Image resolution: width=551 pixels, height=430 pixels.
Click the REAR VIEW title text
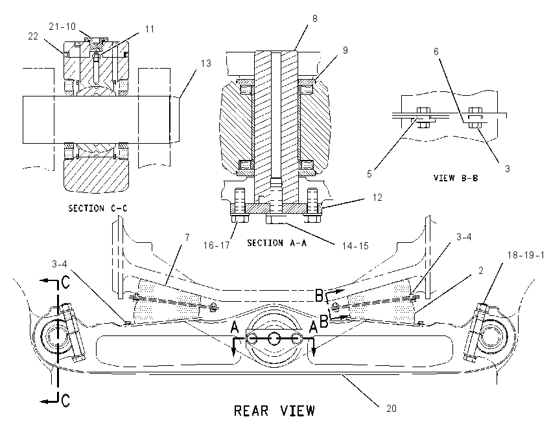click(x=274, y=411)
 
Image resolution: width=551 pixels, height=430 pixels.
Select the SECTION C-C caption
click(x=98, y=209)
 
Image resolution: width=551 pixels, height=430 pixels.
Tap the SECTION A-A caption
click(x=277, y=243)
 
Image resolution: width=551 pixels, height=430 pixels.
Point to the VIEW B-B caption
click(x=456, y=178)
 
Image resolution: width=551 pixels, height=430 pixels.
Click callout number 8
click(x=314, y=19)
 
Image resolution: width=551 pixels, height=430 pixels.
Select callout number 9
click(x=345, y=51)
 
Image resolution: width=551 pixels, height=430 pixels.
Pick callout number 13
click(x=206, y=63)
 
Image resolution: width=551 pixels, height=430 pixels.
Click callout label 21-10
click(x=62, y=27)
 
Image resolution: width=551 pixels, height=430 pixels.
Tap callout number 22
click(x=32, y=36)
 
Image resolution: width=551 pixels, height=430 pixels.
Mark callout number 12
click(x=377, y=198)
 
